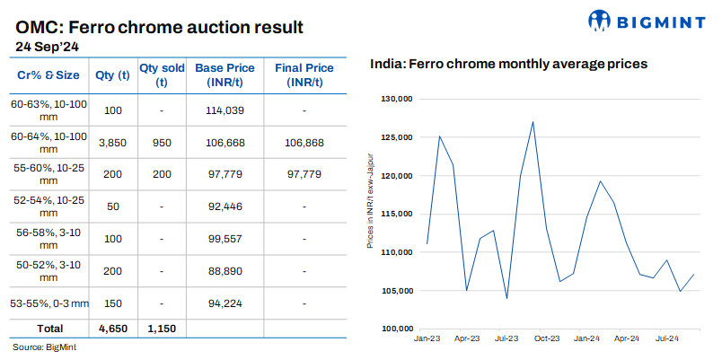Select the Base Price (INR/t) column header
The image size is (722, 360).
[225, 75]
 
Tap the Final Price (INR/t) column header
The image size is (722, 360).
[304, 75]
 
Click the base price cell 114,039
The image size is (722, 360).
[225, 110]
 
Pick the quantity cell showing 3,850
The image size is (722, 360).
[112, 142]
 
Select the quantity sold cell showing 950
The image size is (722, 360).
[161, 142]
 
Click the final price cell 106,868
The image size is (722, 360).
[304, 142]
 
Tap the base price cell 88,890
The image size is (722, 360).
[225, 270]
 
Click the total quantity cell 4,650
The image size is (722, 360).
[112, 329]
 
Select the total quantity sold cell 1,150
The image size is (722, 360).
[161, 329]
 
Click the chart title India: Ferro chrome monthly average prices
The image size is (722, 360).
[509, 65]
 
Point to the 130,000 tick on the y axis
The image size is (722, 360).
[396, 99]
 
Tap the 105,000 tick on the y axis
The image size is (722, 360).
[396, 291]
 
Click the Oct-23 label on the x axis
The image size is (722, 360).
[547, 338]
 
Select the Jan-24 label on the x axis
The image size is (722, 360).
[587, 338]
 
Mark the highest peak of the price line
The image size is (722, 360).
[533, 122]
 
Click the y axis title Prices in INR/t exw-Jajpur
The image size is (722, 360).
[370, 213]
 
